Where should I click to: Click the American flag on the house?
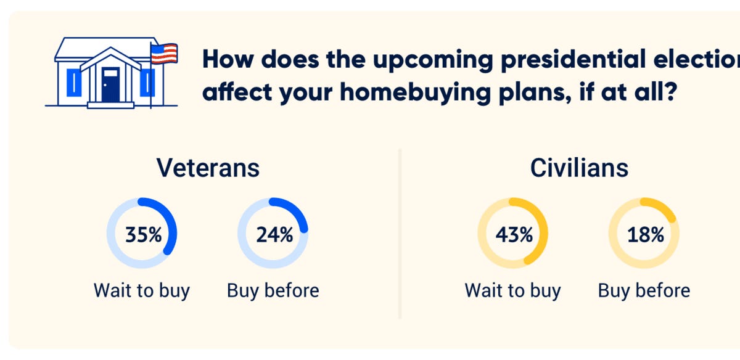coord(164,54)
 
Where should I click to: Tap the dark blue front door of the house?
coord(110,84)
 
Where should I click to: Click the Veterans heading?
coord(208,168)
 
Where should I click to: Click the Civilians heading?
coord(579,168)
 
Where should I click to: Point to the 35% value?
coord(142,235)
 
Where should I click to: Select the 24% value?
coord(274,235)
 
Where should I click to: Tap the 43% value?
coord(513,235)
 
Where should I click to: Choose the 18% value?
coord(645,235)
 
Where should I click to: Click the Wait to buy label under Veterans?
coord(142,290)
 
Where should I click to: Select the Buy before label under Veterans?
coord(273,290)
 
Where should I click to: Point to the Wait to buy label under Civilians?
coord(512,290)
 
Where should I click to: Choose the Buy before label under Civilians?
coord(644,290)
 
